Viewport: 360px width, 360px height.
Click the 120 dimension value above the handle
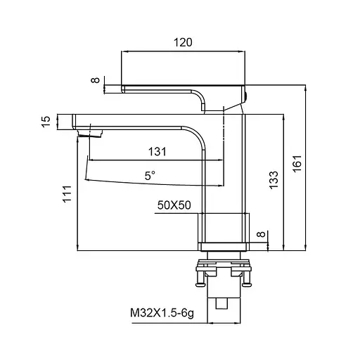[183, 42]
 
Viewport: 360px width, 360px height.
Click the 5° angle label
[150, 176]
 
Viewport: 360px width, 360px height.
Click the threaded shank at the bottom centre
[224, 302]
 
